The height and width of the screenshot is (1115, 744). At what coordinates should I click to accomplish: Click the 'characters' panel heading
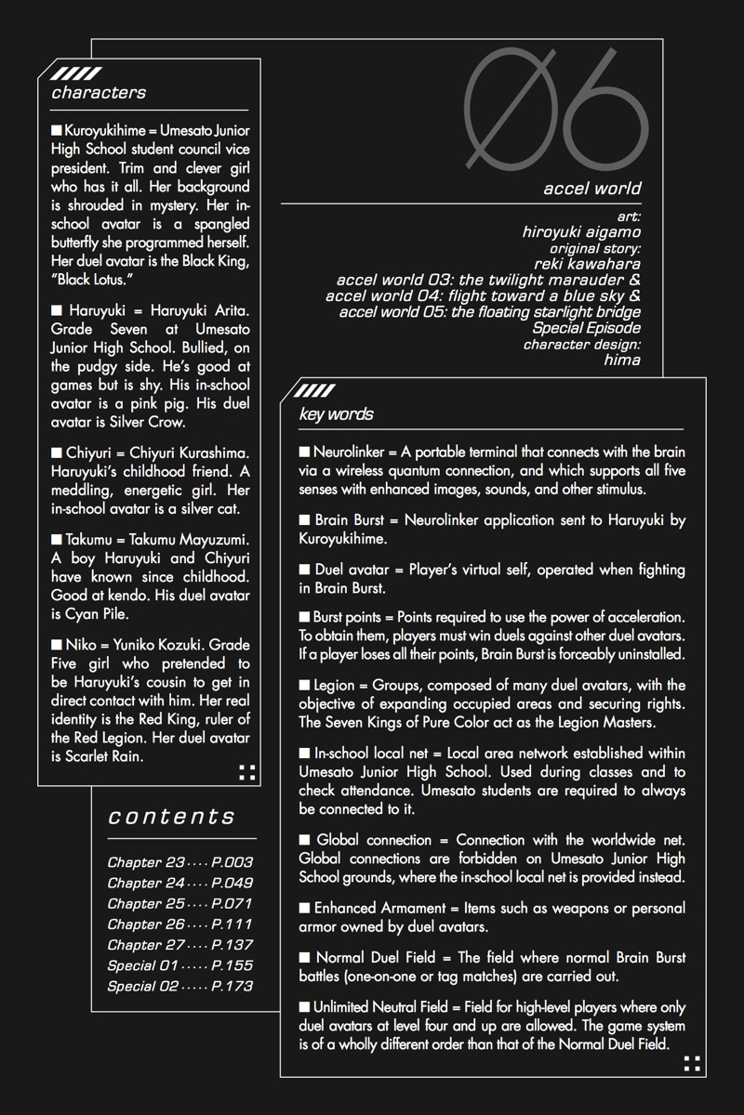click(x=99, y=93)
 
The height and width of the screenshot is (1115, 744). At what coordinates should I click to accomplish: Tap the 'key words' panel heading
click(x=336, y=414)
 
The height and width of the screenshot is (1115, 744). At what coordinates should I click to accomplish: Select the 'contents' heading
click(x=172, y=817)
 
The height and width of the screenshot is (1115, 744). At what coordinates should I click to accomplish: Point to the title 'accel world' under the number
click(x=592, y=189)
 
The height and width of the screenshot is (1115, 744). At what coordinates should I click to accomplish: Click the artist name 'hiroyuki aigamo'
click(x=581, y=232)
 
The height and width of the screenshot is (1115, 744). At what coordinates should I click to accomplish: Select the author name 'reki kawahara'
click(x=588, y=264)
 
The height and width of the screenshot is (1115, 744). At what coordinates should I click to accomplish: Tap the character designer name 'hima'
click(x=622, y=360)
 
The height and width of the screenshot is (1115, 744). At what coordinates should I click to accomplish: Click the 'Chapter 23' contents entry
click(x=146, y=862)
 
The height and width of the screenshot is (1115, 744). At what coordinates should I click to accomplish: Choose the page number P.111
click(x=232, y=924)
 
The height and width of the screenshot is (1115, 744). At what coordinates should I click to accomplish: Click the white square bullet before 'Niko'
click(x=57, y=644)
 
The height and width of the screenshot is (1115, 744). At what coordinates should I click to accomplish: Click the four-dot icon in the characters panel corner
click(x=246, y=771)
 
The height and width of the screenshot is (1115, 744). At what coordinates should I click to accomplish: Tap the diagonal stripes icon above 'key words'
click(x=315, y=391)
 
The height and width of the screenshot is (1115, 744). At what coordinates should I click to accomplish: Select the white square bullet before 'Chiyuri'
click(x=57, y=453)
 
